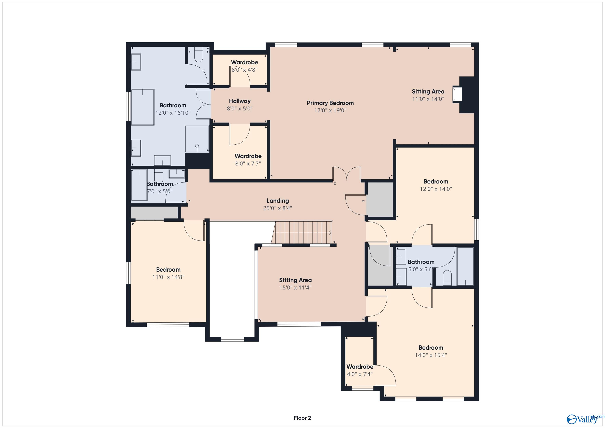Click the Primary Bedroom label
click(330, 103)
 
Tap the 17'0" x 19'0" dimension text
click(330, 110)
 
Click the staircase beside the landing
click(302, 232)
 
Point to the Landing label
click(277, 201)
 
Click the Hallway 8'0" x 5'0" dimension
click(239, 108)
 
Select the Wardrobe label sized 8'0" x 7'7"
click(248, 156)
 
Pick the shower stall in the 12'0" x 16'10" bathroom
click(197, 139)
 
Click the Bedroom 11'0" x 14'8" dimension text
click(168, 277)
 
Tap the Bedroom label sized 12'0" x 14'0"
click(436, 181)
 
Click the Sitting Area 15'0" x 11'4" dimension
click(295, 288)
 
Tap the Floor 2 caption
click(302, 410)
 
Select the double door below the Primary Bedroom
click(346, 174)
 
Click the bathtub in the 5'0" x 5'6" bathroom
click(465, 266)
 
